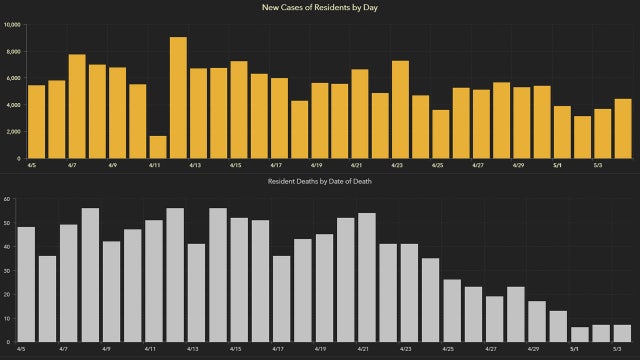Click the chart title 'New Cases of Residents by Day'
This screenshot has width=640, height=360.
click(x=320, y=8)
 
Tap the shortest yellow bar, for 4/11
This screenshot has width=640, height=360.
click(x=158, y=147)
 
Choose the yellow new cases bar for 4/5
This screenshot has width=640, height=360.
click(x=36, y=121)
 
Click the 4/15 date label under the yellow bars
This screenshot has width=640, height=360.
click(x=235, y=165)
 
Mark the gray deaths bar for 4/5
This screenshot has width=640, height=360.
click(x=26, y=284)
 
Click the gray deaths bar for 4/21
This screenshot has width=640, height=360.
click(x=366, y=277)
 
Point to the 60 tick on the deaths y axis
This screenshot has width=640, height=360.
click(x=7, y=199)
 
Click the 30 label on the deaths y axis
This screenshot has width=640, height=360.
click(x=7, y=270)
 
